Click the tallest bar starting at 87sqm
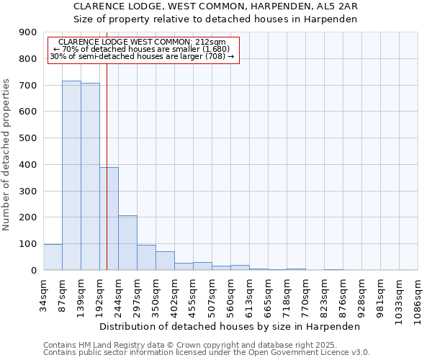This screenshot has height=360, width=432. tap(71, 176)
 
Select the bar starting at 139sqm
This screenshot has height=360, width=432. tap(90, 176)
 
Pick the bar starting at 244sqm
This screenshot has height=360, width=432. tap(127, 243)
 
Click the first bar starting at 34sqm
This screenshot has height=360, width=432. tap(53, 257)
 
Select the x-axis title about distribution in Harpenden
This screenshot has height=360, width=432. tap(230, 326)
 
